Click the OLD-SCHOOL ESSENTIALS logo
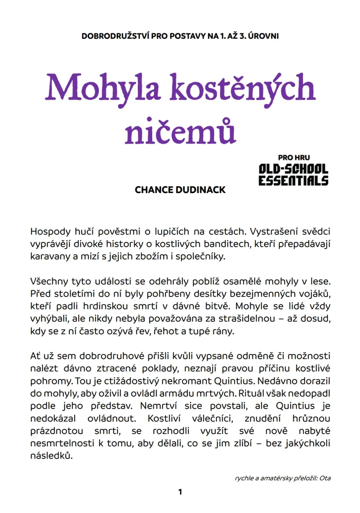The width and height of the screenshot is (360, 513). (293, 175)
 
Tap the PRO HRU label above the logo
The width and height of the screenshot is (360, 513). (294, 157)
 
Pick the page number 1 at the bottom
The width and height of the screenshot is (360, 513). (180, 492)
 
